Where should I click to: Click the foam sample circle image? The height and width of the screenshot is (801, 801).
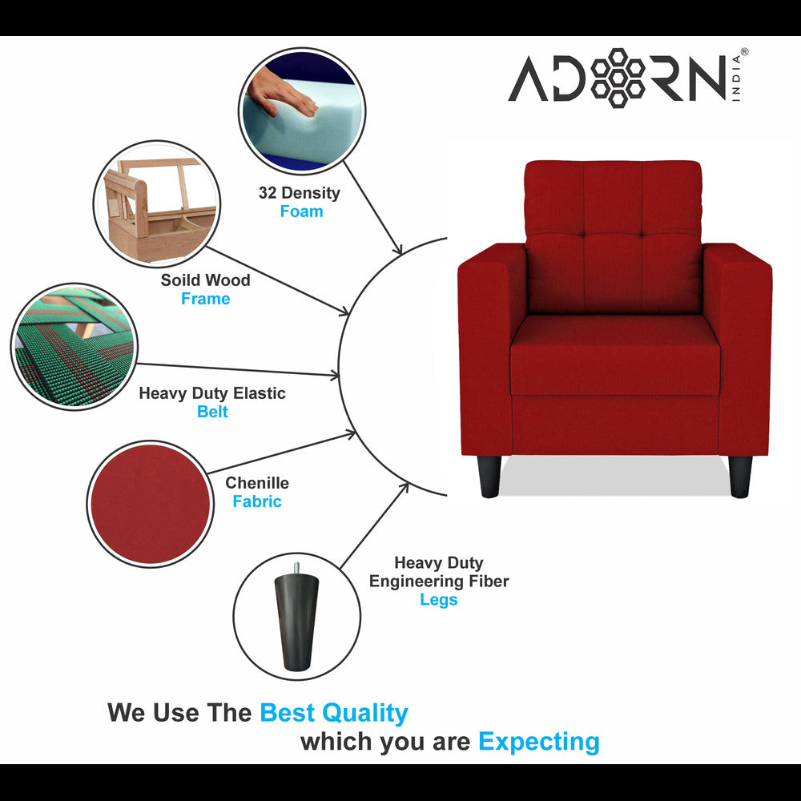point(301,111)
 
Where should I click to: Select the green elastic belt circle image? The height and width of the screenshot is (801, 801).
point(74,346)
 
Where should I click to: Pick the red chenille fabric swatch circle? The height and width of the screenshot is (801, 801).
point(150,504)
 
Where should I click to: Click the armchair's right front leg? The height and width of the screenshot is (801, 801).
point(740,477)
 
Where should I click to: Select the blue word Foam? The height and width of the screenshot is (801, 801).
point(301,211)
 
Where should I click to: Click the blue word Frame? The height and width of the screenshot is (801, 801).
point(205,299)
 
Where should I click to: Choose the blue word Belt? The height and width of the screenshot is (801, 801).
point(212,412)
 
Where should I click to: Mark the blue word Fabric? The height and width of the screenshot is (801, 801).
point(257,501)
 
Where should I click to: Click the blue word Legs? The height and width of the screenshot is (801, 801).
point(438,600)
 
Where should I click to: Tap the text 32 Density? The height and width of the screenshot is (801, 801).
point(299,193)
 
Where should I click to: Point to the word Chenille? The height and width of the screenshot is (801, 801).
point(257,483)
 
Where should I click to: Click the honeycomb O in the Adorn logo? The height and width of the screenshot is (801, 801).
point(617,78)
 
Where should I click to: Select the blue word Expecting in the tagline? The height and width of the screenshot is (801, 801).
point(538,742)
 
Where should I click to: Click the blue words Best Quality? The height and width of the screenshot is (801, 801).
point(333,712)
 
